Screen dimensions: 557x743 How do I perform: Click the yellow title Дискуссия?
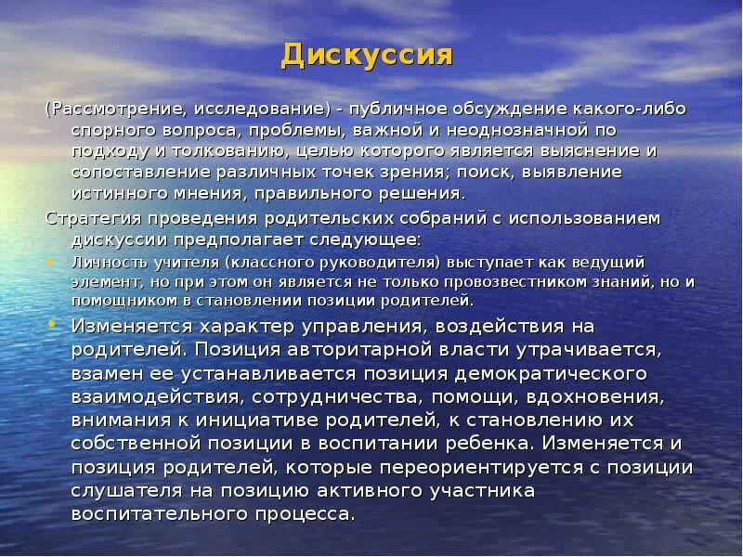point(367,56)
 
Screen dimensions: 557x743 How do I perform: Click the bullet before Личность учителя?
point(50,263)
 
